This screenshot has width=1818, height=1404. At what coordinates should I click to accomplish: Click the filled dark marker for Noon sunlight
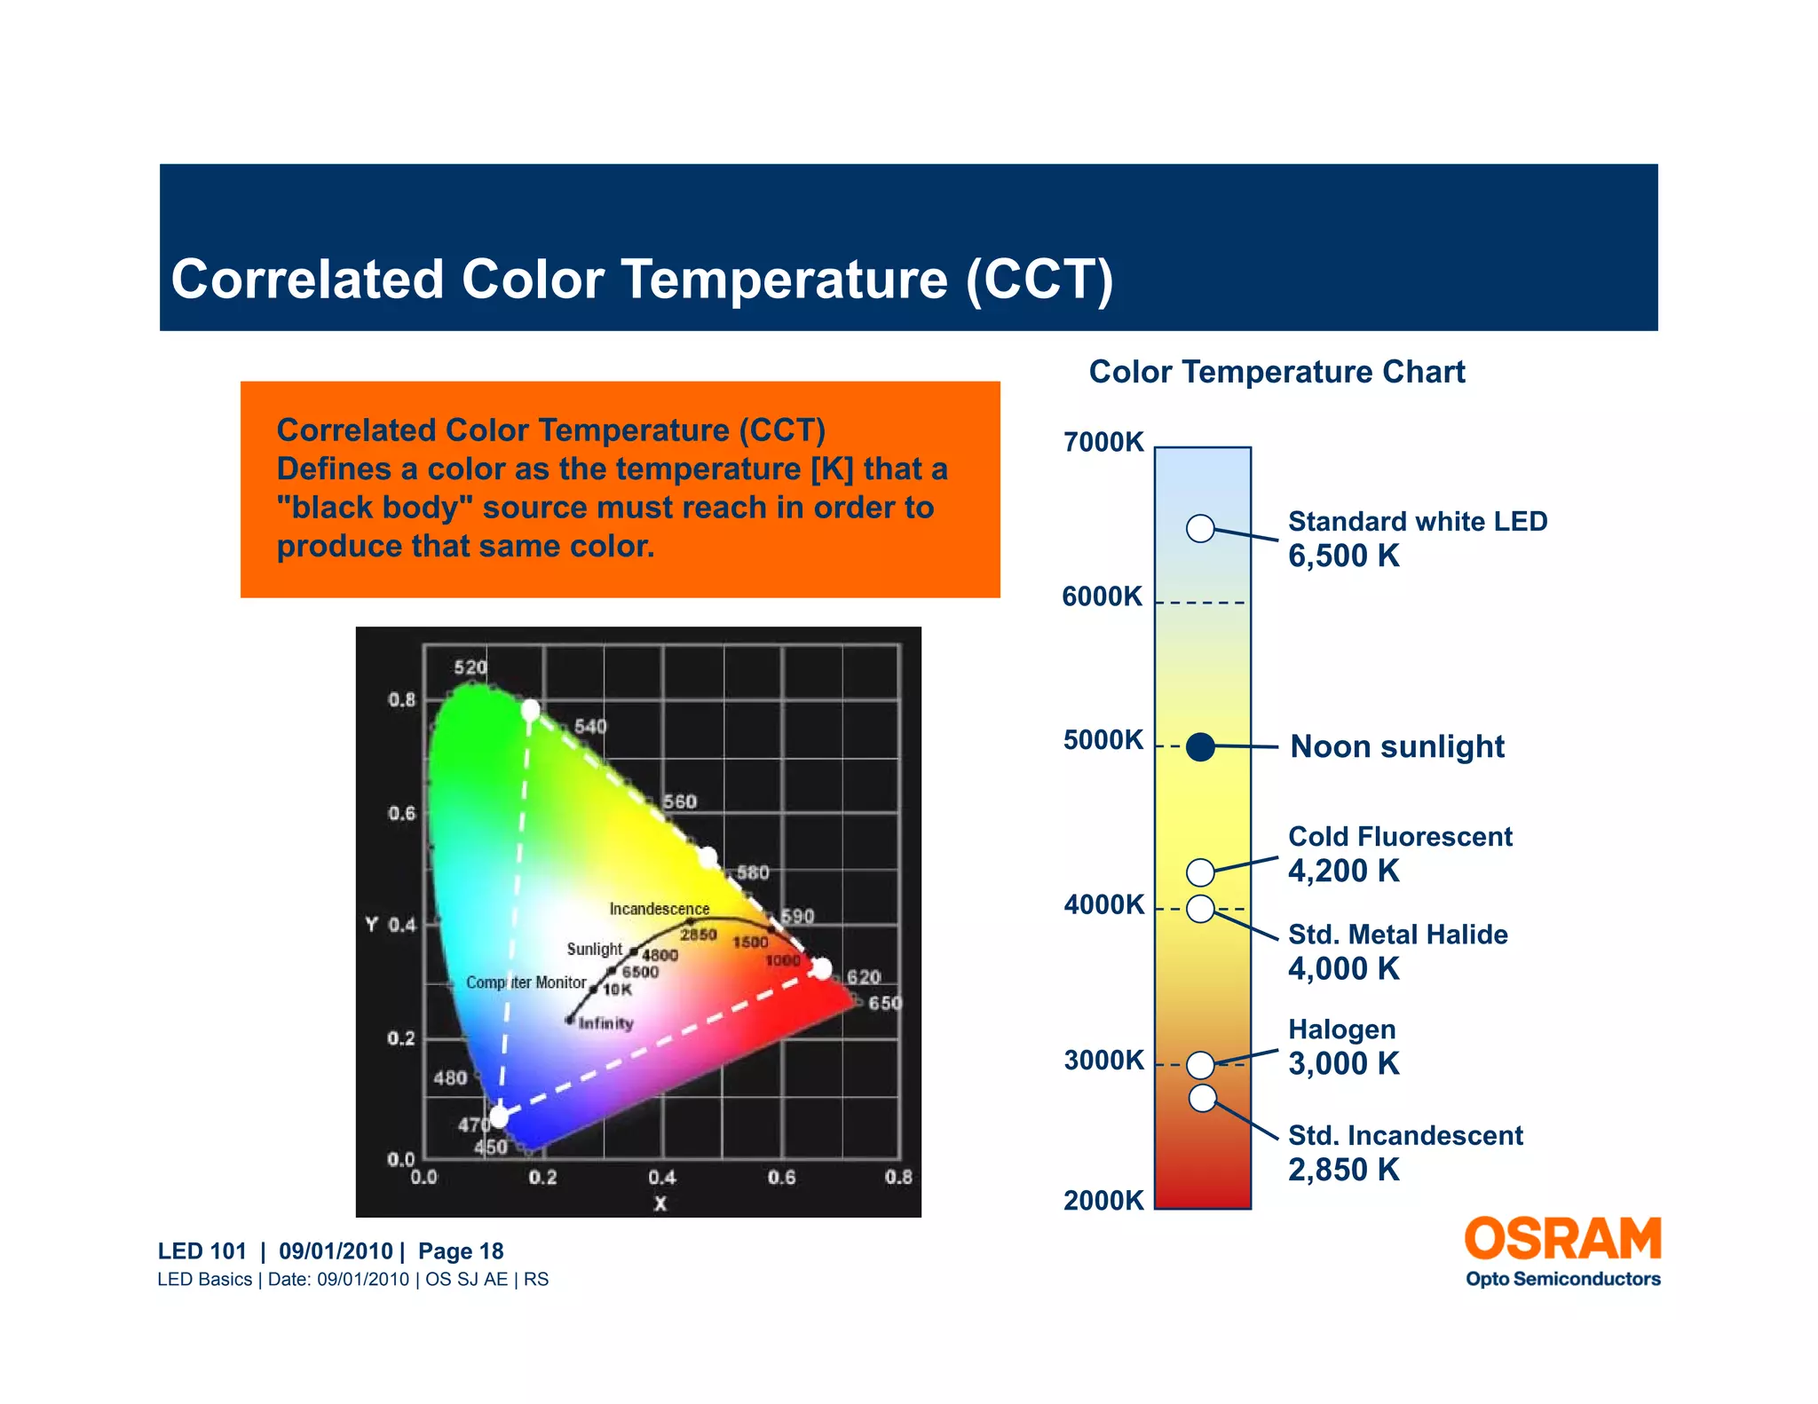[1200, 747]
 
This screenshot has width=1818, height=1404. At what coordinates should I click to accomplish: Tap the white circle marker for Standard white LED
[1200, 528]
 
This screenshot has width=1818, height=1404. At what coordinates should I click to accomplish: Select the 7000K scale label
[1103, 442]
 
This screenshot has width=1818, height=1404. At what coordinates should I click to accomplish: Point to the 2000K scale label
[1103, 1201]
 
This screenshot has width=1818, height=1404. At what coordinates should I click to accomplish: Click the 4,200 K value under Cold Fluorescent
[1343, 872]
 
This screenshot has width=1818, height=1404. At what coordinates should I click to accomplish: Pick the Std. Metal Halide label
[1397, 935]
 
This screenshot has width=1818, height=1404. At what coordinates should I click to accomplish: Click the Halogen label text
[1341, 1029]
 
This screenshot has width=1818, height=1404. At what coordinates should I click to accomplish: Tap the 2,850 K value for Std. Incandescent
[1343, 1171]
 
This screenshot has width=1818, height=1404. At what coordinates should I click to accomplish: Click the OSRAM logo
[1562, 1240]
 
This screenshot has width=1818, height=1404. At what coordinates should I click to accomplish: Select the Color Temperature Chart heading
[1277, 372]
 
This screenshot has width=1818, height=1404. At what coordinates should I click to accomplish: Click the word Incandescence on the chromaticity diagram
[659, 909]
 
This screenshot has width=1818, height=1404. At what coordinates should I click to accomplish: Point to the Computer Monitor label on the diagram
[526, 982]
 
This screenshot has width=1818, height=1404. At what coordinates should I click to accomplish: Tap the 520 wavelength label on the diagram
[470, 667]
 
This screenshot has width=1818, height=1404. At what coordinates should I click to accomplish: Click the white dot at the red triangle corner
[822, 968]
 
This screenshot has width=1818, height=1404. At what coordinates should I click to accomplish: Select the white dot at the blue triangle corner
[500, 1116]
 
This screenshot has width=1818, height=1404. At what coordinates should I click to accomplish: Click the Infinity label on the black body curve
[606, 1023]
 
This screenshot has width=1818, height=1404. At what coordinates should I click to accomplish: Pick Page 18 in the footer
[461, 1251]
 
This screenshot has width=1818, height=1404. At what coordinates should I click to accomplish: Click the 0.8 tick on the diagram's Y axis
[401, 700]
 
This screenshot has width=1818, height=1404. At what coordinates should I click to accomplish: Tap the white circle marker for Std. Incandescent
[1202, 1098]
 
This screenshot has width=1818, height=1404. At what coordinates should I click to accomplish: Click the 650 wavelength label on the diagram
[884, 1004]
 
